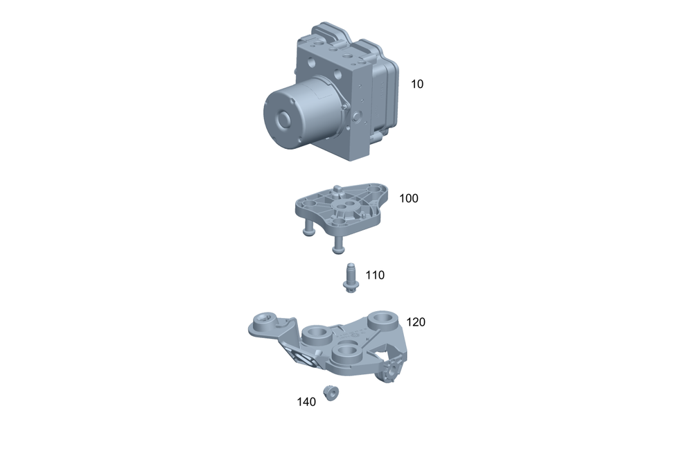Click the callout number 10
point(416,84)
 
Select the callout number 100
point(408,198)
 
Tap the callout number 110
point(375,275)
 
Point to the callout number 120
point(415,322)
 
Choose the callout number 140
point(306,402)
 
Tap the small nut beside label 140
point(331,393)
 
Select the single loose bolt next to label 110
point(351,278)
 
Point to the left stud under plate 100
point(308,228)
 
